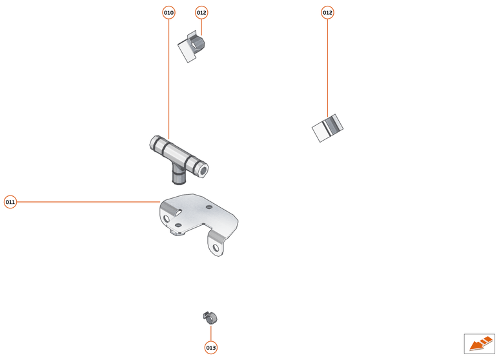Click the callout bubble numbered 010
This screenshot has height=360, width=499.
click(168, 12)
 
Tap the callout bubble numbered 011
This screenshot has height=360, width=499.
click(10, 202)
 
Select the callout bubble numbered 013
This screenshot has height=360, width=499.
click(210, 348)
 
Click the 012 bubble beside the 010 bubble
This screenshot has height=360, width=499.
click(201, 12)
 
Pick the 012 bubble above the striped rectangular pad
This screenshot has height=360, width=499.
click(327, 12)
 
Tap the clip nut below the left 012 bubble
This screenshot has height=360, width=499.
click(198, 45)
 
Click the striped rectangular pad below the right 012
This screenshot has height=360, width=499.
click(327, 127)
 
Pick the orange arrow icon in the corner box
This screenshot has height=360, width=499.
click(480, 343)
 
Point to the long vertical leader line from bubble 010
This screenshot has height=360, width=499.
click(168, 77)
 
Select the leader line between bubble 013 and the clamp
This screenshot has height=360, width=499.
click(210, 332)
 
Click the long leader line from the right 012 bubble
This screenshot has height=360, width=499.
click(327, 65)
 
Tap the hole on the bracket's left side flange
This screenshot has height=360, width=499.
click(167, 220)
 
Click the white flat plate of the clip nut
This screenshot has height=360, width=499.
click(187, 52)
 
